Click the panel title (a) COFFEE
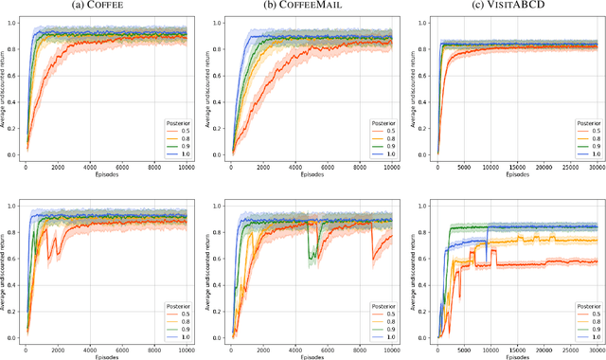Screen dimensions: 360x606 click(x=105, y=8)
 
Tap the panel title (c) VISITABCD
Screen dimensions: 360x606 click(x=508, y=8)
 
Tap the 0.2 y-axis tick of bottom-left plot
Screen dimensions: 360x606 click(x=13, y=311)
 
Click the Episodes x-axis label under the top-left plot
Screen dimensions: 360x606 click(x=105, y=176)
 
